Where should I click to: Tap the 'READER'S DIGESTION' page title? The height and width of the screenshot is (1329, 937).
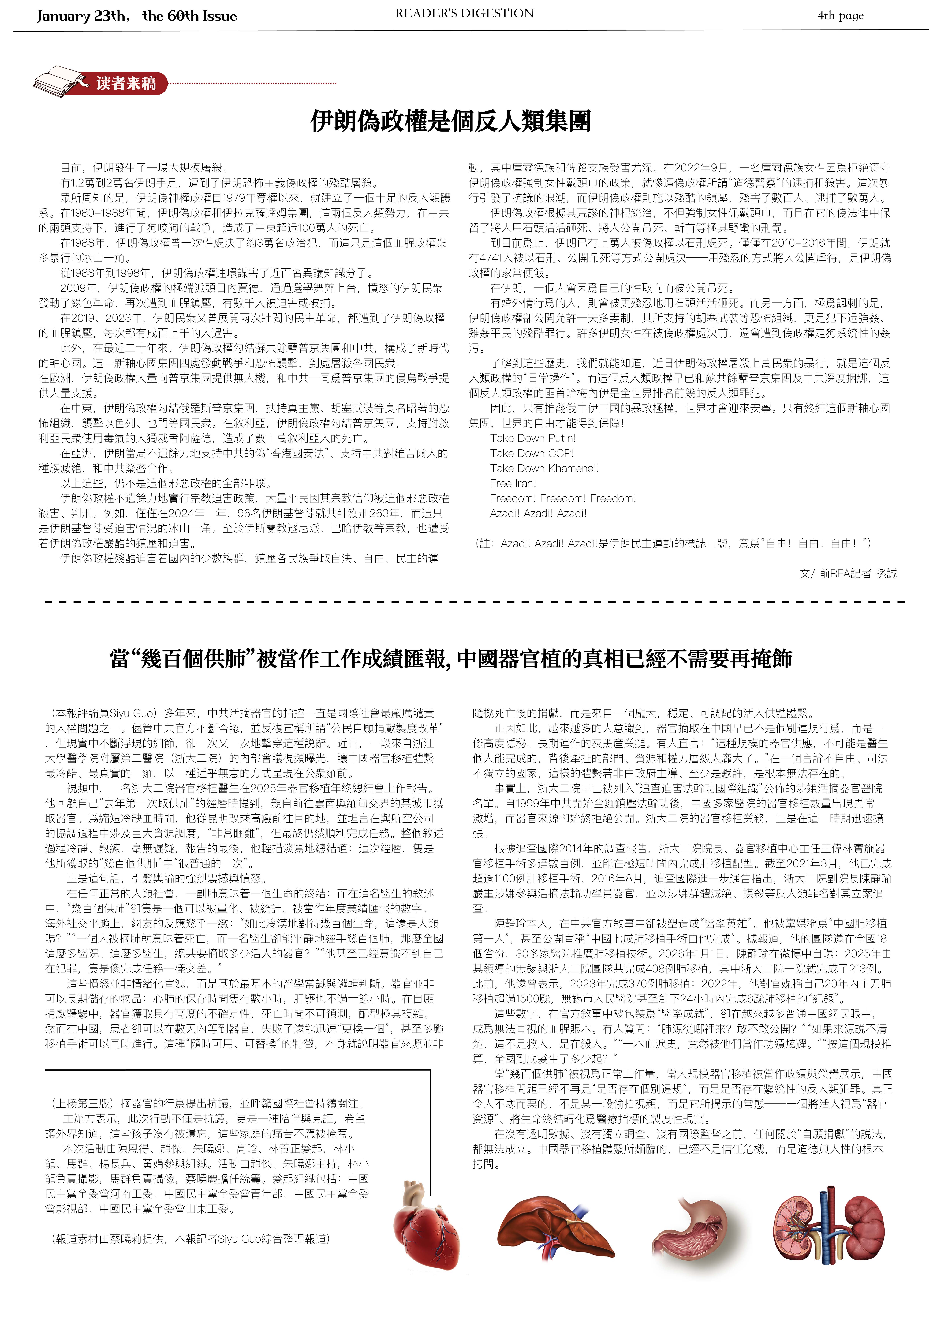click(x=464, y=13)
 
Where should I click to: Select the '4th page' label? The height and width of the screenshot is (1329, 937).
click(x=840, y=16)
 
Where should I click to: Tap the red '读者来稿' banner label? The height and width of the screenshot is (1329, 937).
click(x=126, y=83)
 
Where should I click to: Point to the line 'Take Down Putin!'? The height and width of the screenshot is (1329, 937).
click(x=532, y=438)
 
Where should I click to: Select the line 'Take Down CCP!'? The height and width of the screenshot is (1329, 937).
click(x=531, y=453)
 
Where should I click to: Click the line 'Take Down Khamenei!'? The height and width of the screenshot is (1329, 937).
click(x=544, y=468)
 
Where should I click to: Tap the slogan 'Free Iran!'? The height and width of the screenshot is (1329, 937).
click(x=513, y=483)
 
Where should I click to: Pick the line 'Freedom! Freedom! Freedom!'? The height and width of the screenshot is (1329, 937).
click(x=562, y=498)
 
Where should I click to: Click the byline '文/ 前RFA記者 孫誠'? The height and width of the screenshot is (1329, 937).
click(x=848, y=574)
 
